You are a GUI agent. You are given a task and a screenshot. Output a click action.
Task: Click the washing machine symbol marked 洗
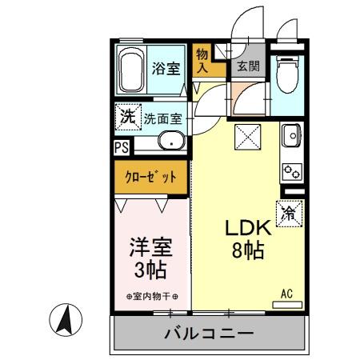[126, 117]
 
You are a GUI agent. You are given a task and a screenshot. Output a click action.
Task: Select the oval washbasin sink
[170, 142]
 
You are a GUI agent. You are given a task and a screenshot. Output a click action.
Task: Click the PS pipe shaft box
[121, 146]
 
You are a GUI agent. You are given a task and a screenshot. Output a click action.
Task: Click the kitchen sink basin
[292, 138]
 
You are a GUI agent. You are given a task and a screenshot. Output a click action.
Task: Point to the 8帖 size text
[248, 250]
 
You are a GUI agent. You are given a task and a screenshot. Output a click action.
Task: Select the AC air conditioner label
[286, 294]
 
